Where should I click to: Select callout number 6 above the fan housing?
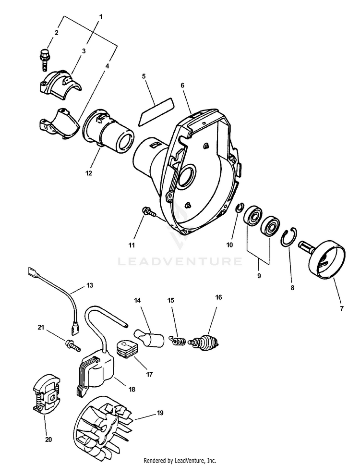click(x=182, y=85)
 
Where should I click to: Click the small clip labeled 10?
click(x=239, y=208)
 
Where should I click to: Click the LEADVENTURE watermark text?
click(x=180, y=261)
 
